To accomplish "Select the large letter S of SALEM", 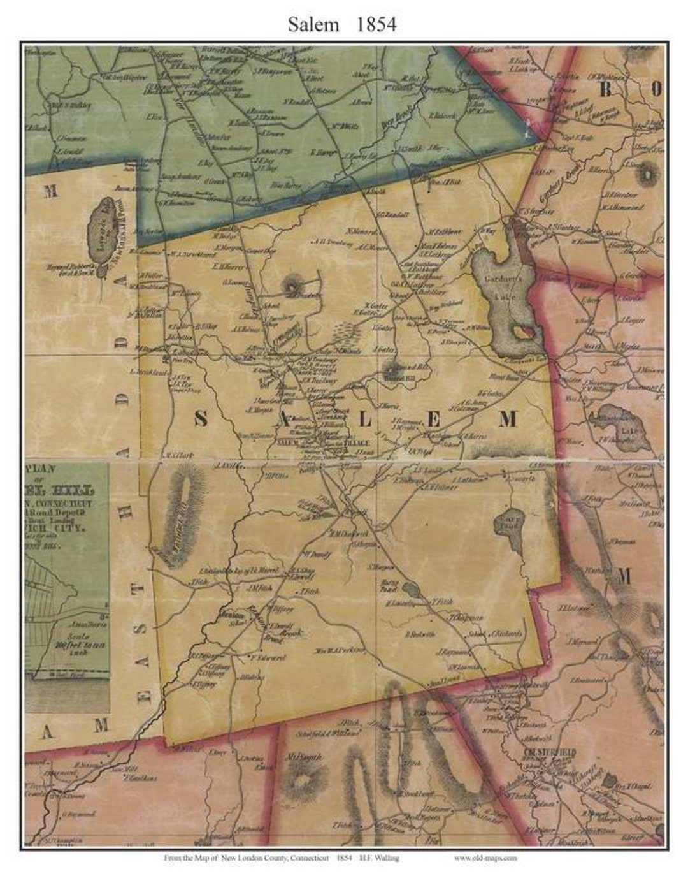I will click(x=200, y=419).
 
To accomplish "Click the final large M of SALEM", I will click(x=508, y=419).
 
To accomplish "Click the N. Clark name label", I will click(x=169, y=455).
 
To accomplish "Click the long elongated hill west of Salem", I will click(x=181, y=514).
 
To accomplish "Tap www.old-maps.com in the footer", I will click(x=485, y=858).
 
